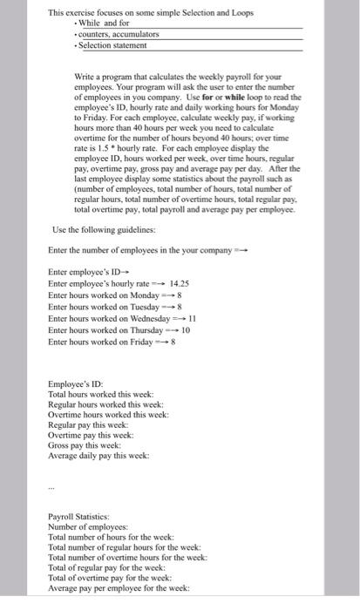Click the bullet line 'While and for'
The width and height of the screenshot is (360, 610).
pyautogui.click(x=105, y=24)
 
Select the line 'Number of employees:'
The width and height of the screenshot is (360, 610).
pyautogui.click(x=88, y=527)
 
